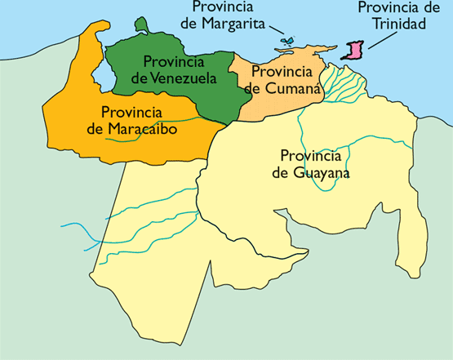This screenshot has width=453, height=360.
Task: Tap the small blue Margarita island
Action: click(285, 41)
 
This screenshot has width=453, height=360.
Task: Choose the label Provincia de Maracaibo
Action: click(138, 120)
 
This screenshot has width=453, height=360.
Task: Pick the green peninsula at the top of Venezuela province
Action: click(143, 25)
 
